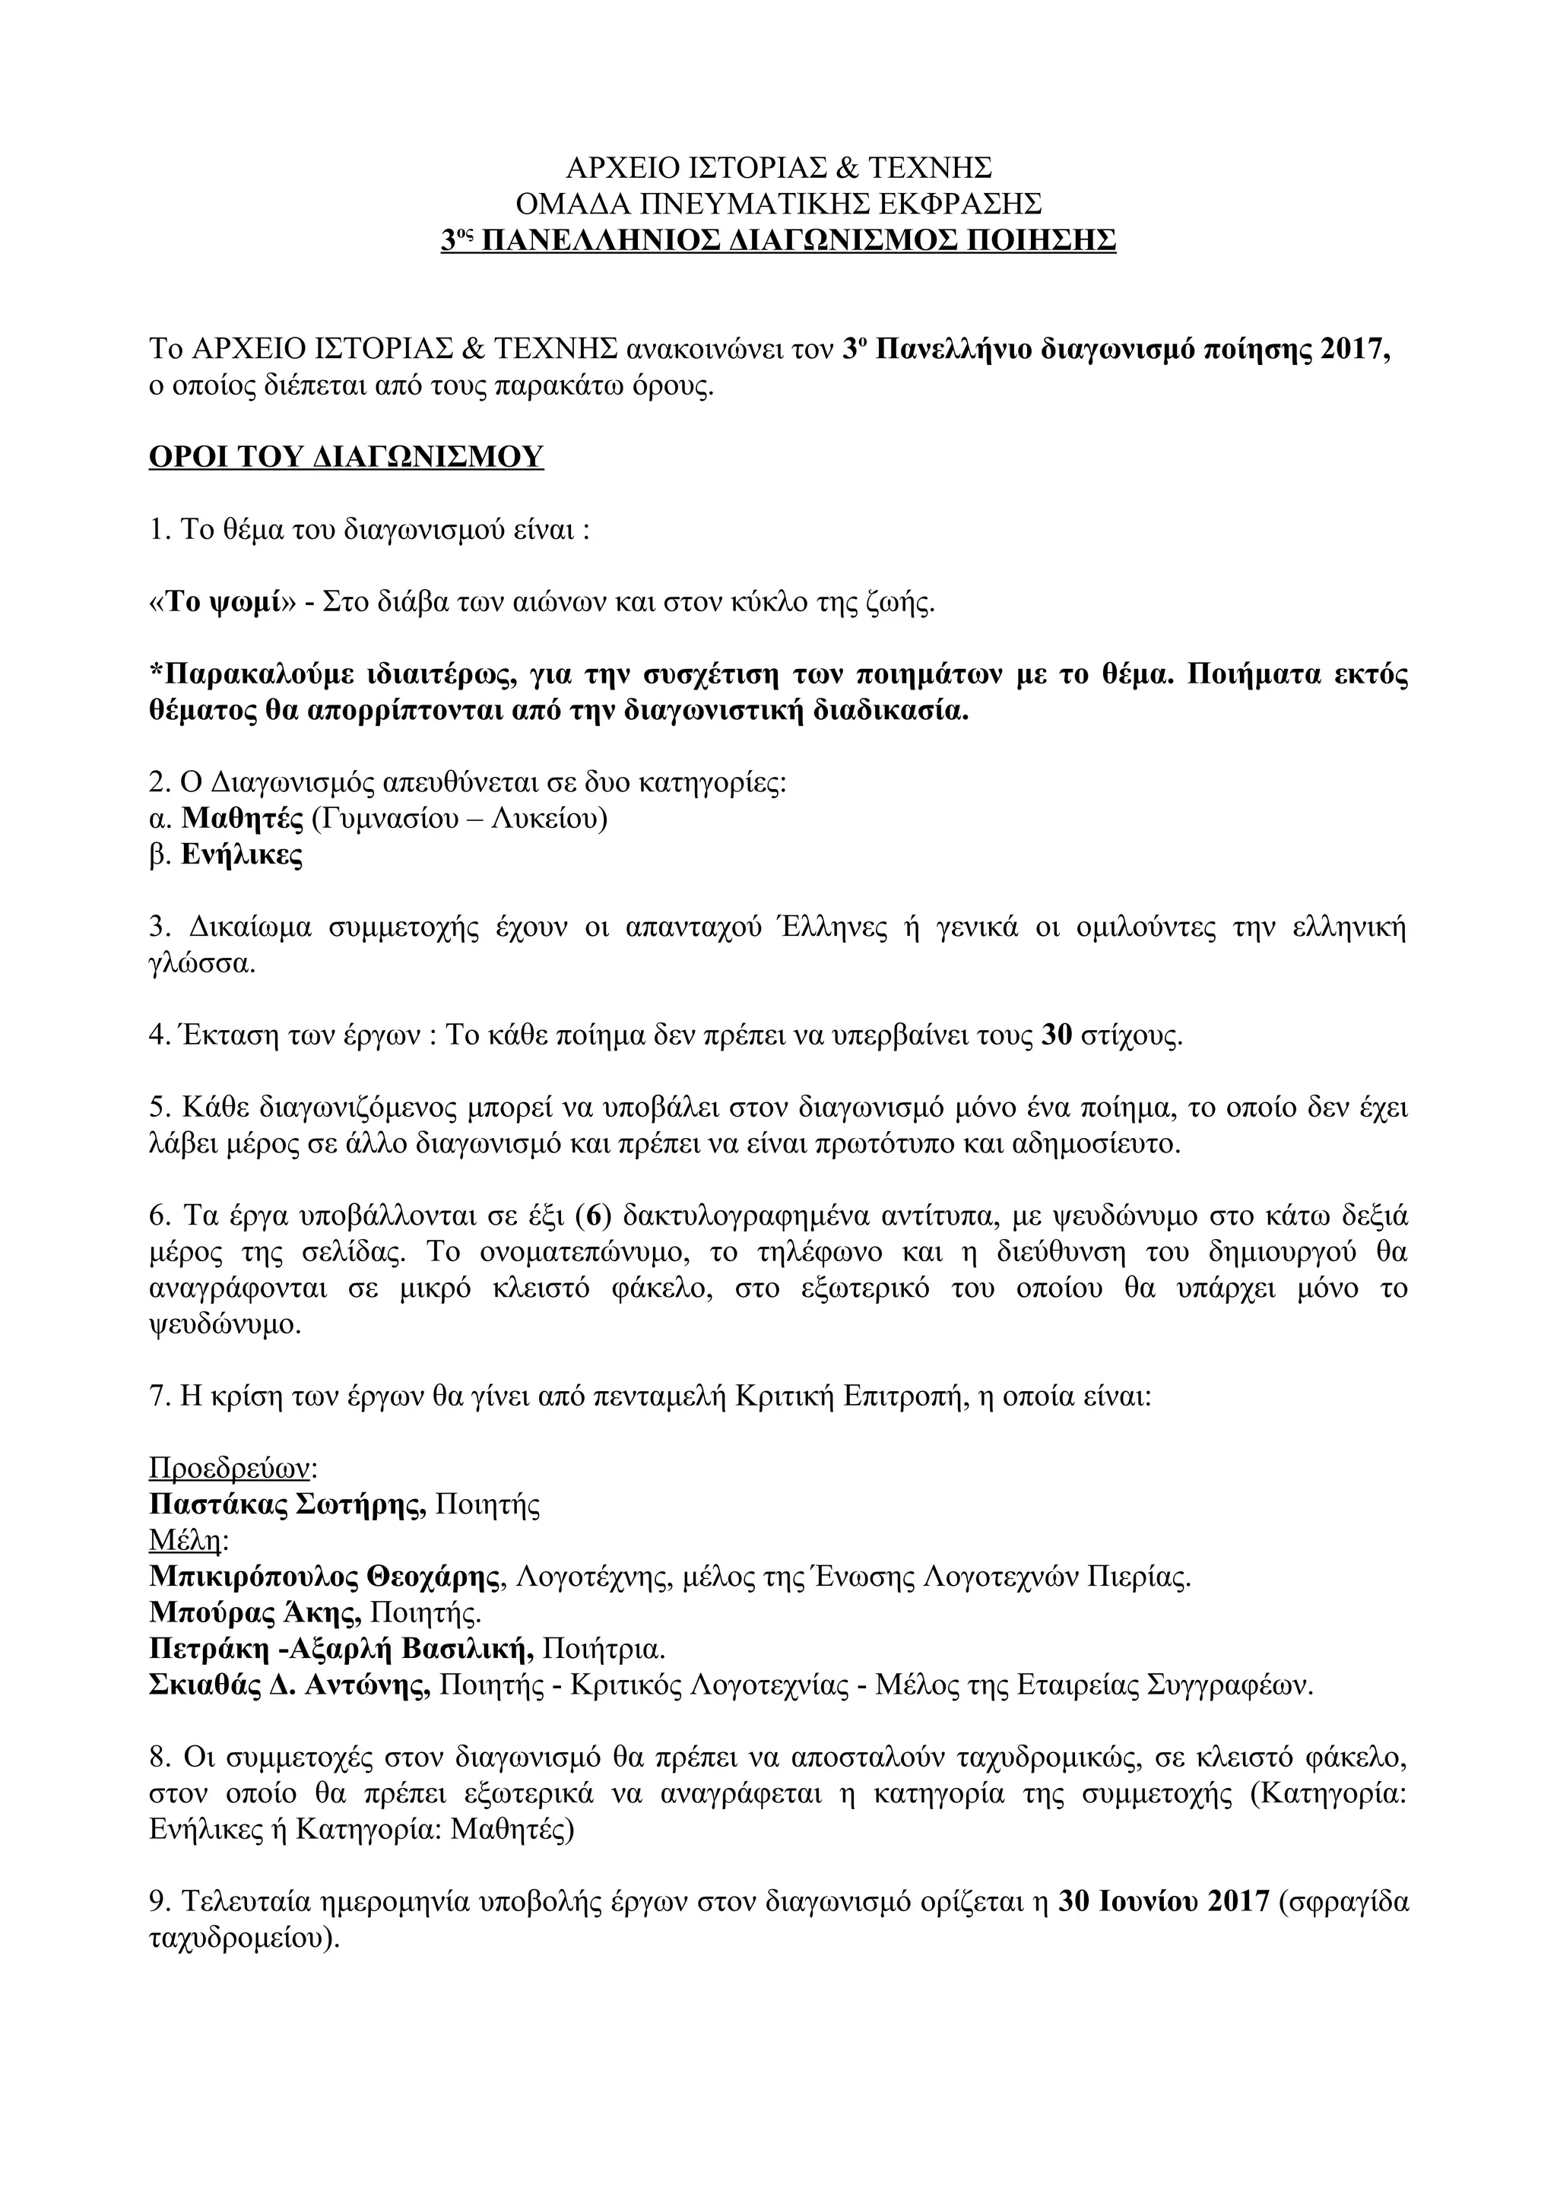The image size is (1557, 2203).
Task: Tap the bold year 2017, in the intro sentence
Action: [x=1355, y=348]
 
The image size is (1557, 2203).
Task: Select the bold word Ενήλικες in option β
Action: [x=242, y=855]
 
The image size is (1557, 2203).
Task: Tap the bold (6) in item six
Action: [x=593, y=1216]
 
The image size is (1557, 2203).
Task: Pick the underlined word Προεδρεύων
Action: [x=231, y=1468]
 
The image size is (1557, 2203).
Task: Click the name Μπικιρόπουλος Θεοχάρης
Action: [x=327, y=1577]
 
